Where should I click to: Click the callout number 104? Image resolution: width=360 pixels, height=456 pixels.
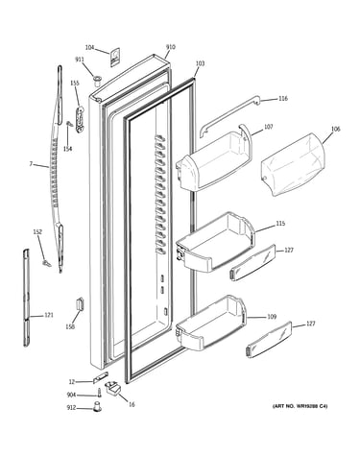tap(89, 48)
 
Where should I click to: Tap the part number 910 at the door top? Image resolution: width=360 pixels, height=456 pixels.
tap(171, 47)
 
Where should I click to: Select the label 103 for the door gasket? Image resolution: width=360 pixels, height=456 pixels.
tap(200, 63)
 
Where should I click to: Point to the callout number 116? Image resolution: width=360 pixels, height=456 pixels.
tap(283, 98)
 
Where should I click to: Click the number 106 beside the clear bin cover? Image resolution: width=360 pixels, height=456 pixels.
tap(335, 129)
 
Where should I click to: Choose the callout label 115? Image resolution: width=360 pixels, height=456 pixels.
tap(280, 224)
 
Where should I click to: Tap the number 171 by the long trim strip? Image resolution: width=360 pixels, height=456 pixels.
tap(49, 315)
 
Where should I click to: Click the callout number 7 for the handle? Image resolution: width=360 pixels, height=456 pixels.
tap(31, 164)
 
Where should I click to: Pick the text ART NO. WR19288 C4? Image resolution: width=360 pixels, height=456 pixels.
tap(300, 406)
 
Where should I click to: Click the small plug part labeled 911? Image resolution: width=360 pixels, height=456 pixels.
tap(97, 80)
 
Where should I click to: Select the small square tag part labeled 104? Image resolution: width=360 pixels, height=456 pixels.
tap(115, 58)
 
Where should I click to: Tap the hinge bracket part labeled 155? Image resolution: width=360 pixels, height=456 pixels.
tap(80, 119)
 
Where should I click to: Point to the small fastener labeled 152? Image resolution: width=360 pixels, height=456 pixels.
tap(47, 263)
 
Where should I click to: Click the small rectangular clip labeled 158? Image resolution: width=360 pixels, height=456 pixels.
tap(80, 302)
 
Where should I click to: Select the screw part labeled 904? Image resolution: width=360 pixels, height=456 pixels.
tap(100, 392)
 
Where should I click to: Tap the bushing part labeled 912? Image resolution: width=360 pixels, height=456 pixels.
tap(97, 406)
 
